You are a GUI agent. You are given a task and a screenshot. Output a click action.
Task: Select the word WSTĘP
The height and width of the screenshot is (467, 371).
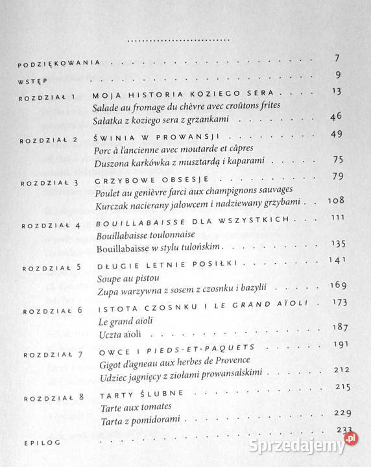click(x=32, y=82)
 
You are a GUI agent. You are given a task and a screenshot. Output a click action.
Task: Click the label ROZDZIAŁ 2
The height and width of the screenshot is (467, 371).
click(x=48, y=140)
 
